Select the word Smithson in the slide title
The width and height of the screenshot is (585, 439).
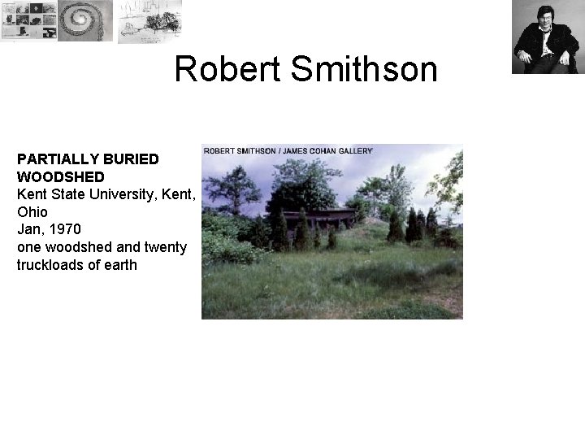(x=362, y=70)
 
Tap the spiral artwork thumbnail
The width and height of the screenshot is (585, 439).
(x=85, y=20)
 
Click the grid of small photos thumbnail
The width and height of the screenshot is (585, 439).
(x=28, y=20)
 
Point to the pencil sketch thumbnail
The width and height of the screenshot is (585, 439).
(x=149, y=20)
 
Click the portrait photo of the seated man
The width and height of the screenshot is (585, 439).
(x=545, y=37)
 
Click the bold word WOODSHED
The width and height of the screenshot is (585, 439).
(x=60, y=176)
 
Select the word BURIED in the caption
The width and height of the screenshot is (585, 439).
(x=131, y=158)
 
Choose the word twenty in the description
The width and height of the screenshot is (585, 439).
(x=166, y=247)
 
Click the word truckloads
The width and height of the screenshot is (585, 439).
(x=52, y=265)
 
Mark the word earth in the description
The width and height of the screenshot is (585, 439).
(x=120, y=265)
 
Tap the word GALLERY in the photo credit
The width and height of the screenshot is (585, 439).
(x=352, y=150)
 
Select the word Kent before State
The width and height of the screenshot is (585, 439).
(x=31, y=193)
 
